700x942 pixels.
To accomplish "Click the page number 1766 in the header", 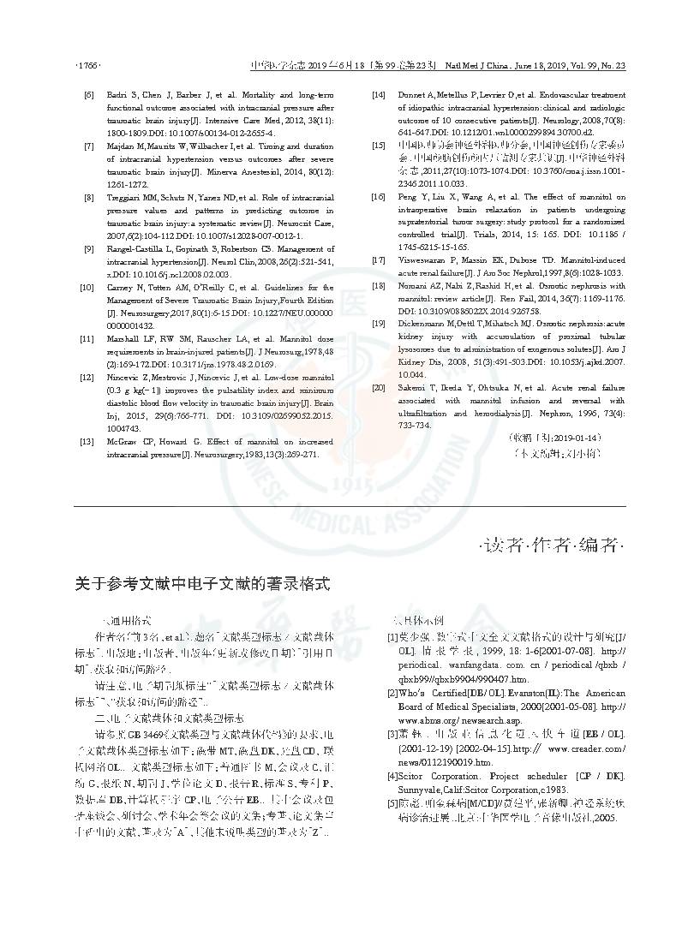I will click(89, 65).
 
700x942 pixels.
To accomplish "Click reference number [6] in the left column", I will click(89, 93).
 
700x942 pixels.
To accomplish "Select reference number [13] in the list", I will click(87, 442).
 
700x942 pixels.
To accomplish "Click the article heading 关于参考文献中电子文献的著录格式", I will click(202, 584).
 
